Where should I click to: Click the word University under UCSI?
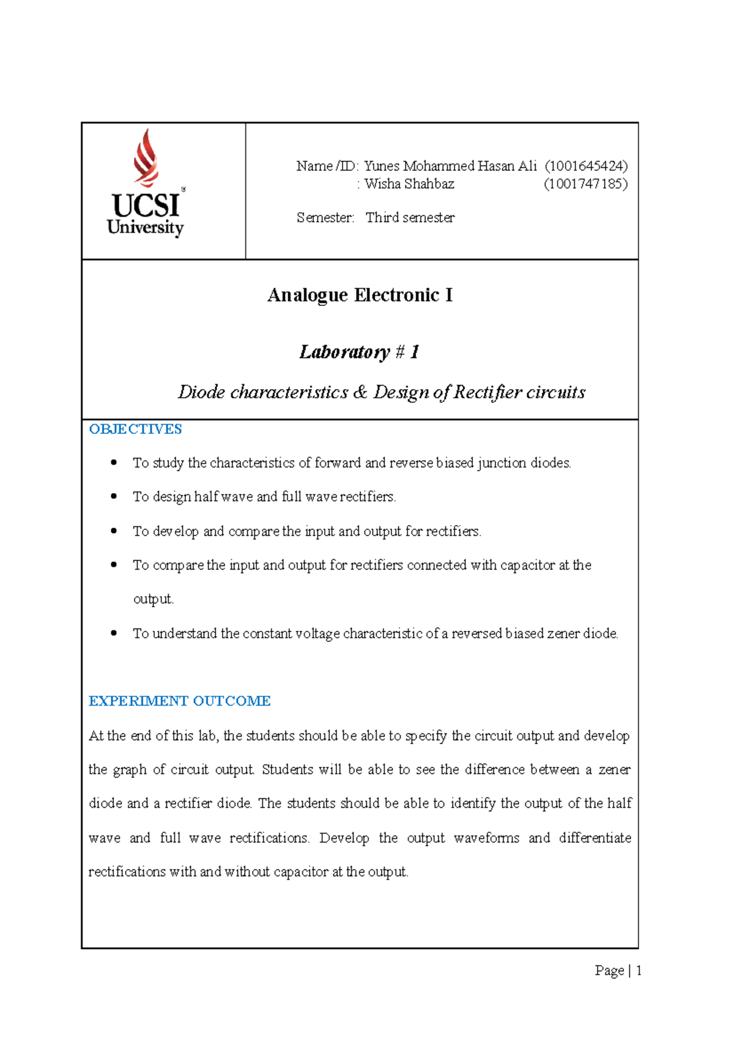pyautogui.click(x=145, y=228)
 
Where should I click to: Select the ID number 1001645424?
pyautogui.click(x=587, y=166)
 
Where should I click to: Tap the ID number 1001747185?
pyautogui.click(x=585, y=184)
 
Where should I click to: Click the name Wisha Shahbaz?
pyautogui.click(x=409, y=184)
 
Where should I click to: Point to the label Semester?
pyautogui.click(x=325, y=218)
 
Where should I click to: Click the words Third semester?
pyautogui.click(x=410, y=218)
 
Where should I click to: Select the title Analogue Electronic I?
pyautogui.click(x=360, y=296)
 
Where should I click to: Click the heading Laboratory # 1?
pyautogui.click(x=359, y=352)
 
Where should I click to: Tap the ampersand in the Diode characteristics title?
pyautogui.click(x=361, y=392)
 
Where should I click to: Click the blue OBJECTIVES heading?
pyautogui.click(x=135, y=430)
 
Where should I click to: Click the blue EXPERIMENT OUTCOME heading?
pyautogui.click(x=179, y=701)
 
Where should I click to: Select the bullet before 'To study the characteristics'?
pyautogui.click(x=114, y=463)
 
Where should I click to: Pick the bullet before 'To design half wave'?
pyautogui.click(x=114, y=496)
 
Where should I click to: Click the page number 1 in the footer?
pyautogui.click(x=639, y=970)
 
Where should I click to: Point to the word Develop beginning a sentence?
pyautogui.click(x=344, y=838)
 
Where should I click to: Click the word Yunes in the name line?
pyautogui.click(x=382, y=166)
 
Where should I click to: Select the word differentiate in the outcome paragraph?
pyautogui.click(x=595, y=838)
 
